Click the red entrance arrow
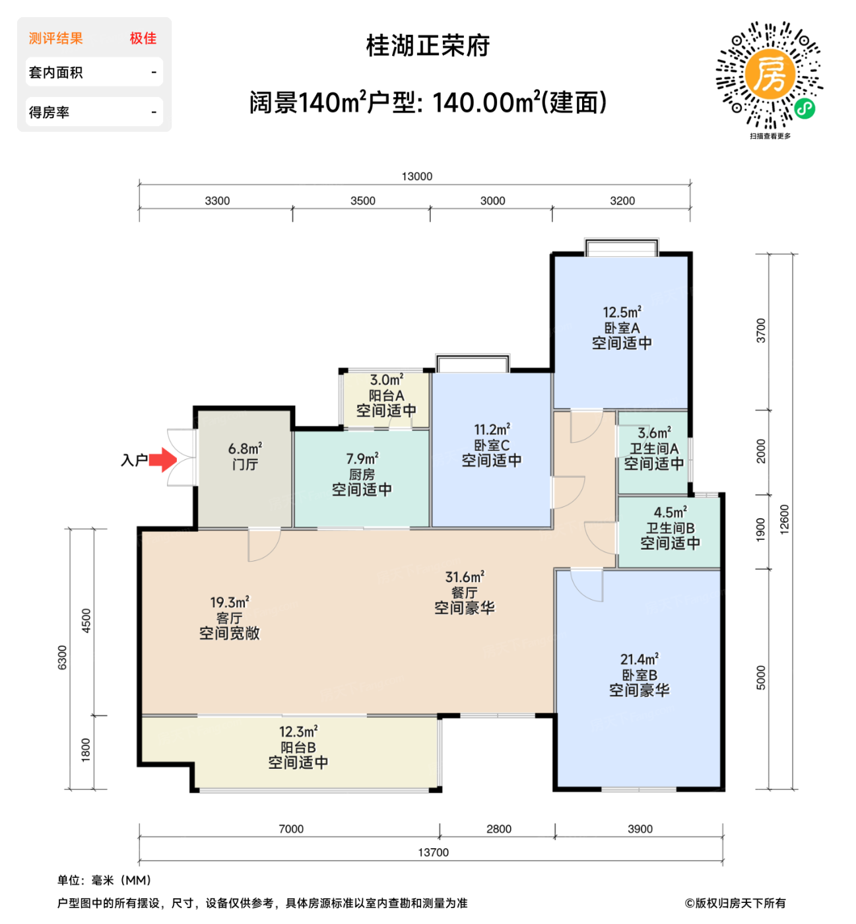tap(162, 460)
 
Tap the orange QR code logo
tap(769, 74)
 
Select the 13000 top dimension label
tap(417, 176)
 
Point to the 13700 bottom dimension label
tap(433, 853)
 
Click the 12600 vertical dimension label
tap(784, 519)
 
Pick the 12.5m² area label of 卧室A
tap(622, 312)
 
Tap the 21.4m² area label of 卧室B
tap(639, 659)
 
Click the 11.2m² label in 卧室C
tap(492, 430)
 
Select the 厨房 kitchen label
tap(362, 475)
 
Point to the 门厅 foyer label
tap(245, 465)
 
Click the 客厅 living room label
tap(229, 618)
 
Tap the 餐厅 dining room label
tap(464, 593)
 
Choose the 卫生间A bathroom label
tap(654, 449)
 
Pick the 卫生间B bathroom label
tap(670, 528)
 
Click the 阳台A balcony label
tap(386, 395)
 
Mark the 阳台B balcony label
tap(298, 748)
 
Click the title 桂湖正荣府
tap(428, 46)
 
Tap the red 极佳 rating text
tap(143, 38)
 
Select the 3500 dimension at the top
tap(362, 201)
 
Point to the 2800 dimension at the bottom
tap(498, 829)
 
